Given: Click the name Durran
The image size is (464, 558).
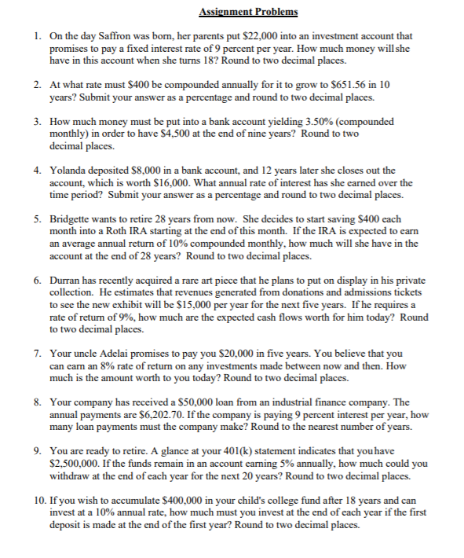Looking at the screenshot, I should click(x=67, y=279).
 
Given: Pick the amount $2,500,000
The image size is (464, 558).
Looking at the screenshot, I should click(x=73, y=464).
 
